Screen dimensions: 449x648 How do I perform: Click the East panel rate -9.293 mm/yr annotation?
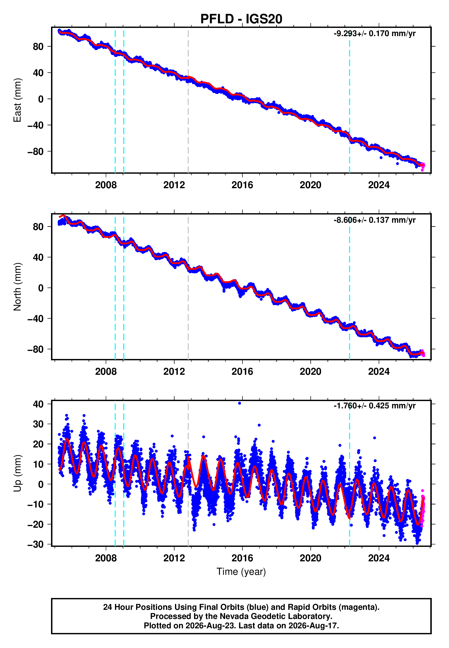tap(374, 34)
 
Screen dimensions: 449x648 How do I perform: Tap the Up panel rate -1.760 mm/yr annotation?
tap(374, 406)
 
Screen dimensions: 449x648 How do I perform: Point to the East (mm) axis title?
tap(17, 100)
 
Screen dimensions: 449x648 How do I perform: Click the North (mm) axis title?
tap(17, 287)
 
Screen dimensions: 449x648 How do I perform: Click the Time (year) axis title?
tap(241, 572)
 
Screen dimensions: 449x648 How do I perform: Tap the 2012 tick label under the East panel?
tap(174, 185)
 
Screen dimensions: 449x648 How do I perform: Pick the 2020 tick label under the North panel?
tap(310, 372)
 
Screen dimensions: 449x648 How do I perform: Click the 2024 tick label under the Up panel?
tap(379, 558)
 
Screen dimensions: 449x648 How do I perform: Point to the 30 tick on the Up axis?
tap(38, 424)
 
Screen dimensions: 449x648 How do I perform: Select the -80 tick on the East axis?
tap(35, 151)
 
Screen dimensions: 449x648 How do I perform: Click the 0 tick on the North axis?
tap(41, 288)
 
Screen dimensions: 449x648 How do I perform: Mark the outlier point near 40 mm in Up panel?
tap(239, 403)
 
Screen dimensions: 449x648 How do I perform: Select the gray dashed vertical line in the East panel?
tap(188, 100)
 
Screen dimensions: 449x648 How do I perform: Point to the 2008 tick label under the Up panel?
tap(106, 558)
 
